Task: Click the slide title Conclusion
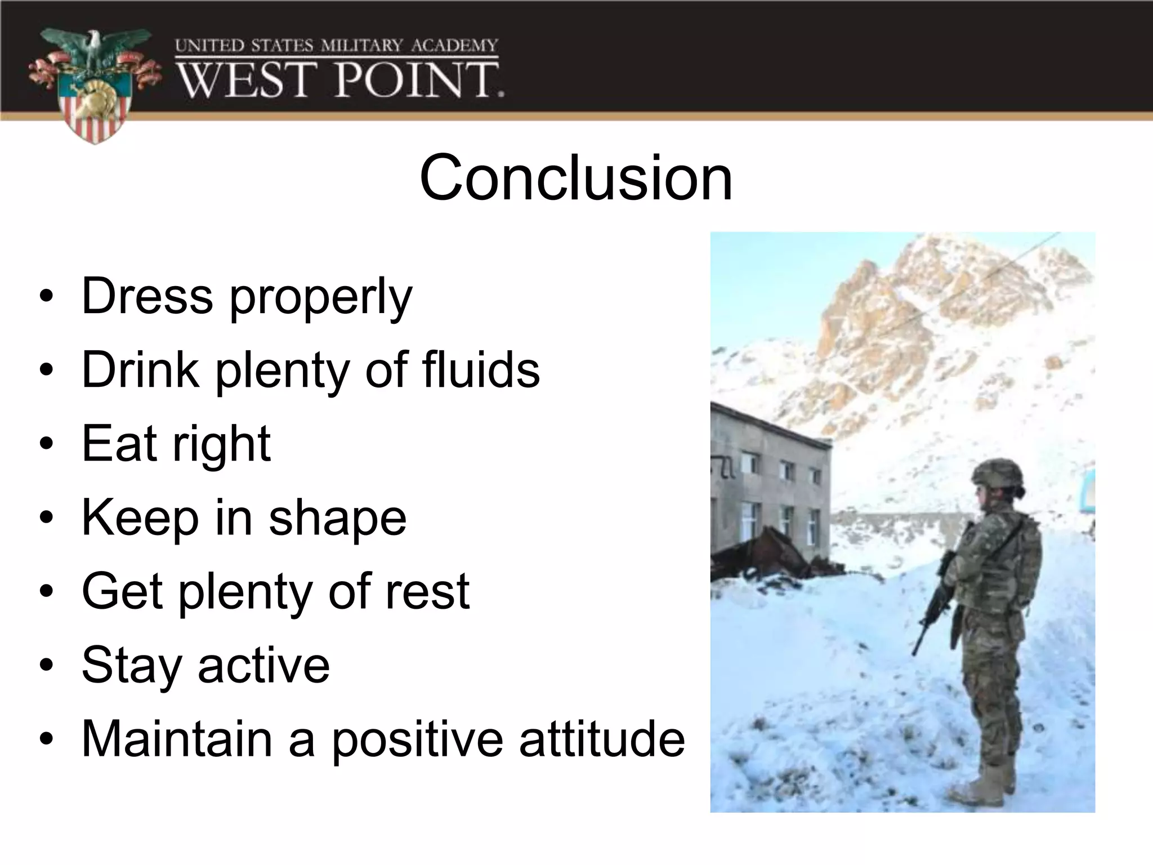click(x=576, y=179)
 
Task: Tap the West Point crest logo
click(x=93, y=84)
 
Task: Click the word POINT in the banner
click(x=419, y=80)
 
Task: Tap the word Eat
click(x=119, y=444)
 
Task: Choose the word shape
click(x=337, y=519)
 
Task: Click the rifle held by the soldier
click(x=937, y=603)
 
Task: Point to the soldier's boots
click(x=980, y=788)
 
